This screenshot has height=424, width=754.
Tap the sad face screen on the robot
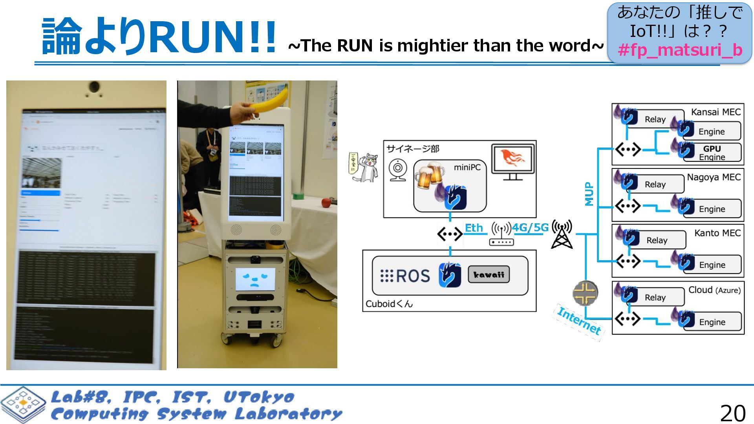255,280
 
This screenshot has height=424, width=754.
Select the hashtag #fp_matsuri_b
680,50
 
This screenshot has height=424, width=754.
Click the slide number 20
732,413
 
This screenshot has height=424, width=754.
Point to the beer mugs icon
429,175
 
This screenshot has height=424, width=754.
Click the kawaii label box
489,274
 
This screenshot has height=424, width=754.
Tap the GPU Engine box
712,152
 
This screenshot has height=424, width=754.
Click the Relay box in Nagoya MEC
655,184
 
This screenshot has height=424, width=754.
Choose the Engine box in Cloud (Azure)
712,322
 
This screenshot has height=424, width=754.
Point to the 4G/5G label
530,228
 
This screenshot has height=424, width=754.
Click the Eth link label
474,228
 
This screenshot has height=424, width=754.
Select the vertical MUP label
589,194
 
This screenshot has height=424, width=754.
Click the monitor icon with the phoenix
512,162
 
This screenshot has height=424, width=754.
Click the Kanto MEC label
717,233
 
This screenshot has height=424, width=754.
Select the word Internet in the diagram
579,321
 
